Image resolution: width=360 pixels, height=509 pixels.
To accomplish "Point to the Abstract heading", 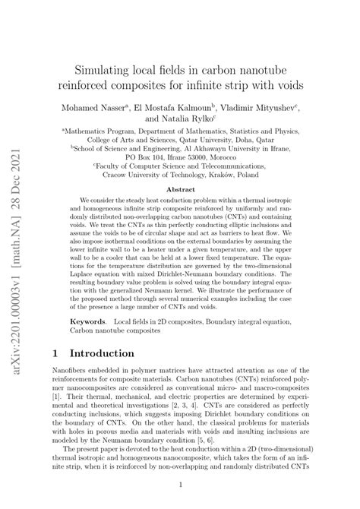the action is (x=180, y=190).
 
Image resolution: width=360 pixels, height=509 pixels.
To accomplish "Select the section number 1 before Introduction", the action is (x=55, y=353).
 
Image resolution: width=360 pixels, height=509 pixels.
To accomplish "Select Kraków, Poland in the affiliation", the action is (x=240, y=173).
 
